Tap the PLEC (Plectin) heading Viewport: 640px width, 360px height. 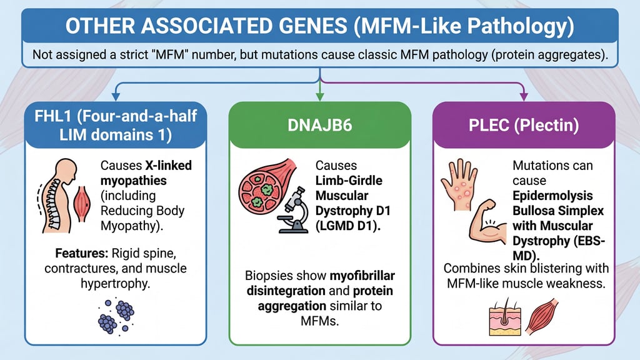click(x=524, y=125)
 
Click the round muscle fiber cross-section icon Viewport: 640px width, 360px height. click(x=262, y=186)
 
